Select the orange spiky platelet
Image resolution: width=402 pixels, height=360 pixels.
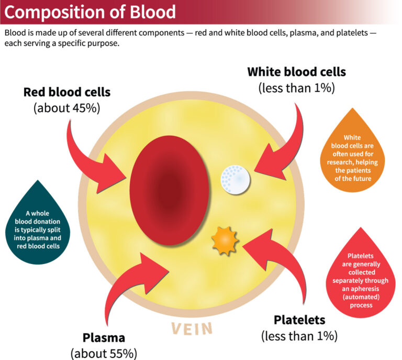click(225, 241)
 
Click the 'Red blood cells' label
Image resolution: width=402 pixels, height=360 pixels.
click(67, 92)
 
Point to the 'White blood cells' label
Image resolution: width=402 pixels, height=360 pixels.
click(296, 71)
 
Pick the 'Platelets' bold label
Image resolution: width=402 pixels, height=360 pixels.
click(299, 319)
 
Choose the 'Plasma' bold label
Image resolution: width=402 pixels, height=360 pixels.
click(104, 337)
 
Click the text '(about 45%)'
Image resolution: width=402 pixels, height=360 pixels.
click(67, 109)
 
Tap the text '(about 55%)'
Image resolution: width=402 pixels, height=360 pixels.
click(104, 354)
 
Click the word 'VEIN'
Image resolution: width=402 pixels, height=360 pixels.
click(192, 329)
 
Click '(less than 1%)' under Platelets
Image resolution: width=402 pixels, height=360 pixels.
click(299, 335)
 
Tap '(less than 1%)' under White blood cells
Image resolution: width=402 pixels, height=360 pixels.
click(296, 88)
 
